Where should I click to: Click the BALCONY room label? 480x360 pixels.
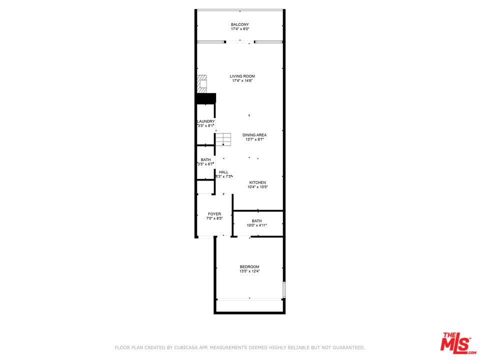click(x=239, y=24)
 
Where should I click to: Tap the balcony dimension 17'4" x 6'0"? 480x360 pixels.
click(x=239, y=29)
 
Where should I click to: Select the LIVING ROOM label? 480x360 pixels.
click(x=242, y=76)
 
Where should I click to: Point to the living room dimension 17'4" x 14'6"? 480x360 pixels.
click(x=242, y=81)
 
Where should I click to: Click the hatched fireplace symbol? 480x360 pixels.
click(x=201, y=84)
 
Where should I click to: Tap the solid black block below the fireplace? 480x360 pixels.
click(x=205, y=98)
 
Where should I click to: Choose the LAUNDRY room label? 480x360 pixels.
click(x=206, y=121)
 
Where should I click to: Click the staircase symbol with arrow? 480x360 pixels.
click(x=224, y=139)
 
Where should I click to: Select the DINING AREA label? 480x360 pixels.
click(x=254, y=135)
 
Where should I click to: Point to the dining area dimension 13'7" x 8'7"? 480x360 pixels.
click(x=254, y=139)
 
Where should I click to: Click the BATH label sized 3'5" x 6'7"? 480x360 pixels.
click(x=205, y=160)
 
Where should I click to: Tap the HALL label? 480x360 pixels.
click(x=223, y=172)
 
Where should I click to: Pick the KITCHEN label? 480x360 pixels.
click(x=257, y=182)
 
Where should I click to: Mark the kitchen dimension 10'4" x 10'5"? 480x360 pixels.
click(x=257, y=187)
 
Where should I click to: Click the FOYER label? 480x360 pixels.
click(x=214, y=214)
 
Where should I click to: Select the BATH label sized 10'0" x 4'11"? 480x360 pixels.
click(x=256, y=221)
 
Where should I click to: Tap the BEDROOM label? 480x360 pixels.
click(x=249, y=266)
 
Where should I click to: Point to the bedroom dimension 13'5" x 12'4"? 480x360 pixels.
click(x=249, y=271)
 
